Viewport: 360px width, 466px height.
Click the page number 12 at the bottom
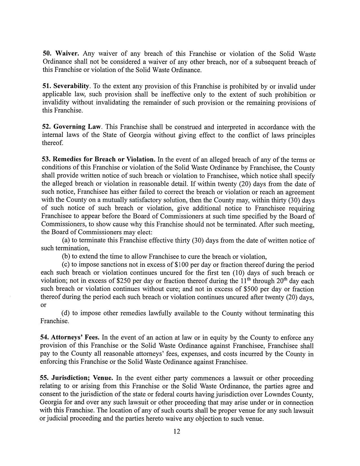pyautogui.click(x=177, y=432)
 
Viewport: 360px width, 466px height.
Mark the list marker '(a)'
pyautogui.click(x=66, y=240)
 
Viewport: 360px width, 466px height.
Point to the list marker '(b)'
pyautogui.click(x=66, y=257)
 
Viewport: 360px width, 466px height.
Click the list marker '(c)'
pyautogui.click(x=66, y=265)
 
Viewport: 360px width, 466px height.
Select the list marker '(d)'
pyautogui.click(x=66, y=313)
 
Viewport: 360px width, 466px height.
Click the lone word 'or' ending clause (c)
pyautogui.click(x=43, y=305)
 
